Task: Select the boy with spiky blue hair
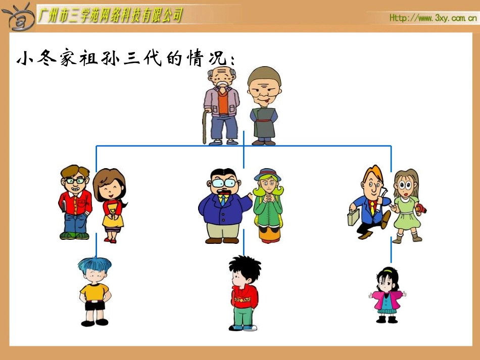94,290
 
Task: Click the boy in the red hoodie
244,293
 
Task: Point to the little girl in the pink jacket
387,295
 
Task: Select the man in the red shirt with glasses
75,202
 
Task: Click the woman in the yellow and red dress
110,204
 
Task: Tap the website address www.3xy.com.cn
433,19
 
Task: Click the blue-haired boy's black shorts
94,305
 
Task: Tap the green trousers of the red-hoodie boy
244,316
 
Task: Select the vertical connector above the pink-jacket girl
391,250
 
